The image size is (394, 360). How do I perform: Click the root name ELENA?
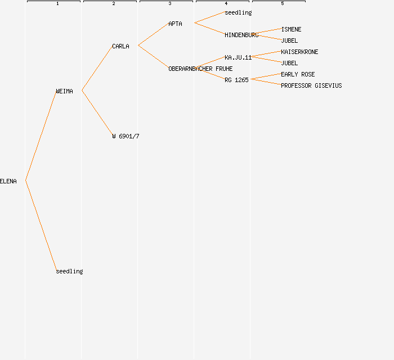click(x=8, y=181)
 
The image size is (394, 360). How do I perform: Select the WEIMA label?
click(x=64, y=91)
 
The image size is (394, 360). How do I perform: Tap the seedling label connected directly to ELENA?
click(x=69, y=271)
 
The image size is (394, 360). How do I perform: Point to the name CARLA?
click(x=120, y=47)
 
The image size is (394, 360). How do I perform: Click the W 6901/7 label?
click(x=126, y=136)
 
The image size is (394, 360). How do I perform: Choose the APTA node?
click(x=175, y=24)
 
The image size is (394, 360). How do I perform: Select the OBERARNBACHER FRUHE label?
click(x=200, y=69)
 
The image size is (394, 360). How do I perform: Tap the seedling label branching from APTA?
click(x=238, y=12)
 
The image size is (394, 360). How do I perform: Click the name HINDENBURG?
click(x=241, y=35)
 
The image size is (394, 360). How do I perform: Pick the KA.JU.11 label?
click(x=238, y=57)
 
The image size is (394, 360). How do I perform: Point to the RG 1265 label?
click(x=236, y=80)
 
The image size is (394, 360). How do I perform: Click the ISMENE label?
click(x=291, y=29)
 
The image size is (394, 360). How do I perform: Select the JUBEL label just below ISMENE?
click(x=289, y=40)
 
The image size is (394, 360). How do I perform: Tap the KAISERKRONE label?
click(x=299, y=52)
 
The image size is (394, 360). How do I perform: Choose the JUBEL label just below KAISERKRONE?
click(x=289, y=63)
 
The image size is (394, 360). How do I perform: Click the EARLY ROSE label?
click(x=298, y=75)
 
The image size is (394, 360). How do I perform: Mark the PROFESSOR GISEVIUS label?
click(x=311, y=86)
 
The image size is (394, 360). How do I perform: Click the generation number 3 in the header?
click(x=170, y=3)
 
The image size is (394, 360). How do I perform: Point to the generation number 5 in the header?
click(x=283, y=3)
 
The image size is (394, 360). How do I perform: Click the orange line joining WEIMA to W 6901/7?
click(x=97, y=113)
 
